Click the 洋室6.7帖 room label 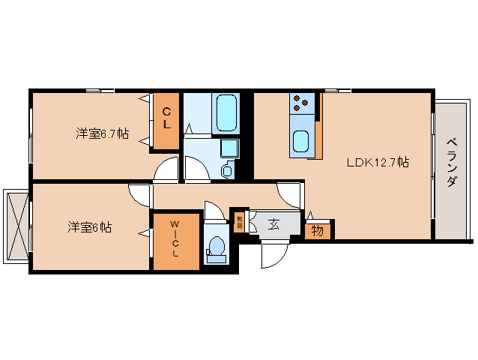102,133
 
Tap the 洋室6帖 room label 89,226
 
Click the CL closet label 166,120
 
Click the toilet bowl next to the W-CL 217,247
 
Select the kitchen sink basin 302,139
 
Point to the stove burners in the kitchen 302,100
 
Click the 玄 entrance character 274,223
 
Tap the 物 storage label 318,230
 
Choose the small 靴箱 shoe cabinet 240,221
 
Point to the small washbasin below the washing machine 228,171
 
